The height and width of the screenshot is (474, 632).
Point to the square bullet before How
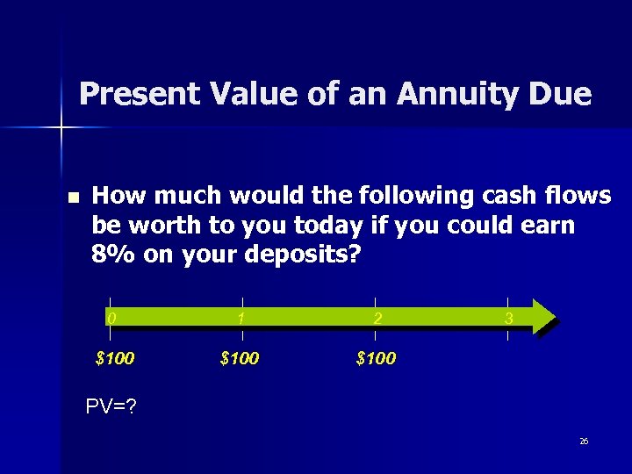[x=72, y=197]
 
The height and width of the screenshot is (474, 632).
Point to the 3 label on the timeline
[x=508, y=319]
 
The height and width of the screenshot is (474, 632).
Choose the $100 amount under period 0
[x=114, y=358]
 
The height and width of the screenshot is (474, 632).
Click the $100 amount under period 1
[x=240, y=358]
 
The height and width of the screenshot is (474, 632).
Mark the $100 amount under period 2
[x=376, y=358]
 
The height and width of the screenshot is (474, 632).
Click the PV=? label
[x=111, y=406]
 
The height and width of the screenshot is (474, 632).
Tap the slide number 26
[x=584, y=442]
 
